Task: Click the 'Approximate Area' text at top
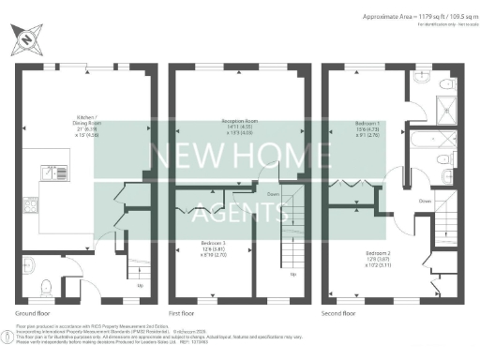click(397, 17)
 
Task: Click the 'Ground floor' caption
click(34, 313)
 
